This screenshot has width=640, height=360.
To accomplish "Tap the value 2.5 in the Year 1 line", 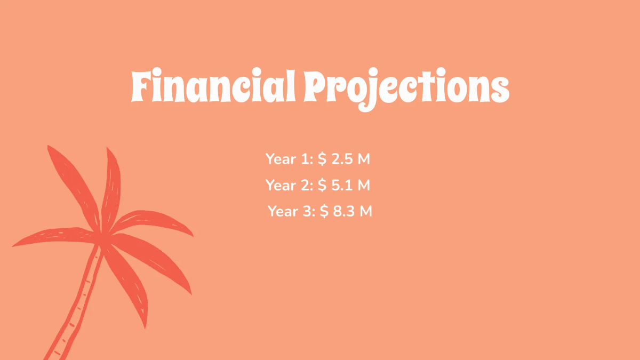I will coord(342,159).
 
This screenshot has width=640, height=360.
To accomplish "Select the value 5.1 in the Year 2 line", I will coord(341,185).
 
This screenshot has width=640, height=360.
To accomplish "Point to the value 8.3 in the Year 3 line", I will coord(344,211).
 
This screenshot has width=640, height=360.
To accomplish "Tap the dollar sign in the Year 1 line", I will coord(322,159).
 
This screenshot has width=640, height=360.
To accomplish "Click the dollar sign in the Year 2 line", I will coord(322,185).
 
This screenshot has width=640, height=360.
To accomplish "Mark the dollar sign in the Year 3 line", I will coord(324,211).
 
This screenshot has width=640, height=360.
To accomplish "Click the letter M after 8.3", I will coord(365,211).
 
